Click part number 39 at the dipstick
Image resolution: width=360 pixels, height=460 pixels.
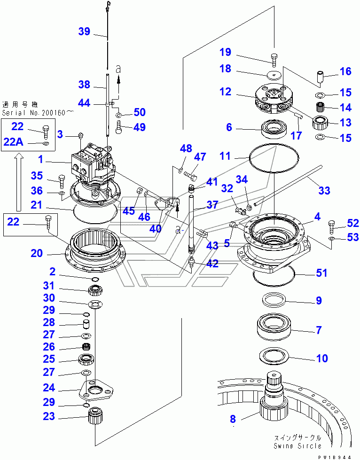84,31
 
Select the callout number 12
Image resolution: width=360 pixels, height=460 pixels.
225,92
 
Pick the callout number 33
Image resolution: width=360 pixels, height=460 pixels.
324,190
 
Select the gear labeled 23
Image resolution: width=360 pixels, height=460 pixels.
95,415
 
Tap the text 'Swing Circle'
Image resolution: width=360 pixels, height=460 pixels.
298,446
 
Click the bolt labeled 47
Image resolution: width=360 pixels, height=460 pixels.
190,175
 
